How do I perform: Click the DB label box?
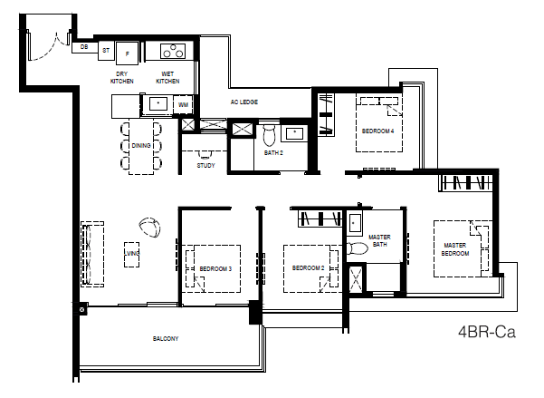click(x=84, y=47)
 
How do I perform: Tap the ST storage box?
click(x=106, y=51)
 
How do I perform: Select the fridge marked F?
click(x=128, y=53)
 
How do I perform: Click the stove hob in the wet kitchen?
click(x=173, y=51)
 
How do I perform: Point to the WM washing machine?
click(x=183, y=104)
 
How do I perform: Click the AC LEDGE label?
click(x=244, y=102)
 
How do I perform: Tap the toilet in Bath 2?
click(x=269, y=135)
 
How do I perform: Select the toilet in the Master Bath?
click(x=357, y=248)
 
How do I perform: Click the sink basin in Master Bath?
click(x=354, y=223)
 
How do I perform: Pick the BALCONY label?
click(x=166, y=338)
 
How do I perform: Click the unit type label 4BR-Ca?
click(x=487, y=332)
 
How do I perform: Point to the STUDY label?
click(x=206, y=166)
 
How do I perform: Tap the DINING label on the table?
click(x=141, y=146)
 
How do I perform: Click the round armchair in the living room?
click(x=150, y=228)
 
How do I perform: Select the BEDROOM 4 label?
click(x=377, y=131)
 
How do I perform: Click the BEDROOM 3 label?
click(x=215, y=268)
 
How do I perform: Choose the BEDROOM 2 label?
click(x=308, y=268)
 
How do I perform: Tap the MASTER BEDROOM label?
click(x=454, y=249)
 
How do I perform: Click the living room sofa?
click(x=92, y=255)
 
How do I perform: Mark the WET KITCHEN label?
click(x=167, y=77)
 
